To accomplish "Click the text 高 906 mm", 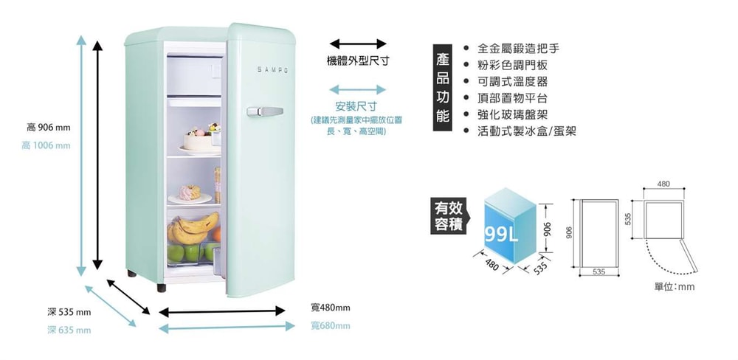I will (x=48, y=128).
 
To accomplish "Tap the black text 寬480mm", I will (x=330, y=307).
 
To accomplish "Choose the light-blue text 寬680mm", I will (x=330, y=325).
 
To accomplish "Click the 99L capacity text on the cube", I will (x=503, y=235).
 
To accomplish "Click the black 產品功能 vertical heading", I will (x=442, y=89).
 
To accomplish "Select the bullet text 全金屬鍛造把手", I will (x=518, y=49).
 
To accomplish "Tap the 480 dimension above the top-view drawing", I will (x=663, y=182).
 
